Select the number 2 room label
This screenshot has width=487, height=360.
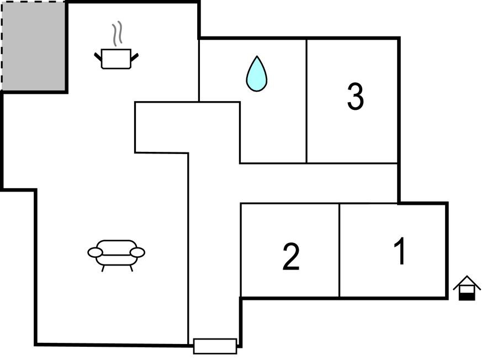[x=291, y=257]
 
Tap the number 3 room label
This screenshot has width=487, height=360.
[x=355, y=96]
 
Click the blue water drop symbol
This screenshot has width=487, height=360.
[x=257, y=74]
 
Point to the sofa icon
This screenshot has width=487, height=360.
[x=116, y=255]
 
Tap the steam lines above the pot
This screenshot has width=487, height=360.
[x=117, y=34]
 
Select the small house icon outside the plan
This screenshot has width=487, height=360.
[x=467, y=288]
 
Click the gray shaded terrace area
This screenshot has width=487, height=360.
[x=34, y=46]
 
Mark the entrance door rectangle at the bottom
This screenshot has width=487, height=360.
[x=215, y=346]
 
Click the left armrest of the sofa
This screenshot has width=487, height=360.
[x=95, y=252]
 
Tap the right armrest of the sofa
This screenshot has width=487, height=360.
[x=137, y=252]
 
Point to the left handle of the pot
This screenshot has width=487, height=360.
[x=98, y=57]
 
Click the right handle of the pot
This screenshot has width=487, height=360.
[x=135, y=57]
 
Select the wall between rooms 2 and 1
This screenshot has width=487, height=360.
[x=340, y=250]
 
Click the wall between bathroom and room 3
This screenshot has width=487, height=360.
[x=306, y=100]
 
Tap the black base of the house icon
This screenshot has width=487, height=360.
[x=467, y=297]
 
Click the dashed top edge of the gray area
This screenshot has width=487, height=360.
[x=34, y=2]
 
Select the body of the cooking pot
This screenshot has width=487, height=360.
[x=116, y=59]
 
